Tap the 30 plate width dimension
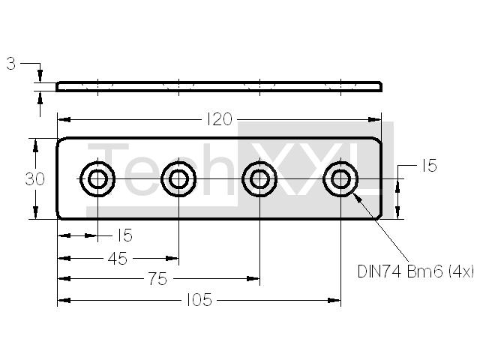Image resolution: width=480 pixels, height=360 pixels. tap(35, 179)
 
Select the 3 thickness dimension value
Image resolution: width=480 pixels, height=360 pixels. tap(11, 64)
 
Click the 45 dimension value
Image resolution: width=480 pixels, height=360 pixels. tap(118, 259)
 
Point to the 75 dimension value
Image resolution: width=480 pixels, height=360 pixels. tap(158, 279)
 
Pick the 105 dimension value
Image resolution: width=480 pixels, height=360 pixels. tap(199, 300)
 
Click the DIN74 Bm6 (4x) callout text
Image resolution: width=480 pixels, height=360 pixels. tap(416, 271)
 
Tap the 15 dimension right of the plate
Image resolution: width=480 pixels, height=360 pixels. tap(429, 166)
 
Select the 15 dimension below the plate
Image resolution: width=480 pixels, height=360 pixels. tap(124, 235)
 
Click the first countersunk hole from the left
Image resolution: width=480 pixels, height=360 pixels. tap(97, 179)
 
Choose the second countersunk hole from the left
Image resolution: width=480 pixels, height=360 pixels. tap(178, 179)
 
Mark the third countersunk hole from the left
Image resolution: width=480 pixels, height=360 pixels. tap(259, 179)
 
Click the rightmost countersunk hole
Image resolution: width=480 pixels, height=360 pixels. tap(340, 179)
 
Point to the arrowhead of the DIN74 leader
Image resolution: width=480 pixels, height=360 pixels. tap(358, 199)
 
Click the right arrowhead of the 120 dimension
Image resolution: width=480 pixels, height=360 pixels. tap(375, 119)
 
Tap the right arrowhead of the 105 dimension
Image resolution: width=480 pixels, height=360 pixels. tap(334, 300)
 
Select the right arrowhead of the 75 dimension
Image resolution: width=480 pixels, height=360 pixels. tap(253, 278)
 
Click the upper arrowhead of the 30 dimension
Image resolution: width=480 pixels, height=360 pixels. tap(35, 145)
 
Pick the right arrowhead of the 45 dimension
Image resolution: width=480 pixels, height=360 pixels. tap(172, 259)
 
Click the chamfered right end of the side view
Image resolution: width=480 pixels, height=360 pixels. tap(380, 86)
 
